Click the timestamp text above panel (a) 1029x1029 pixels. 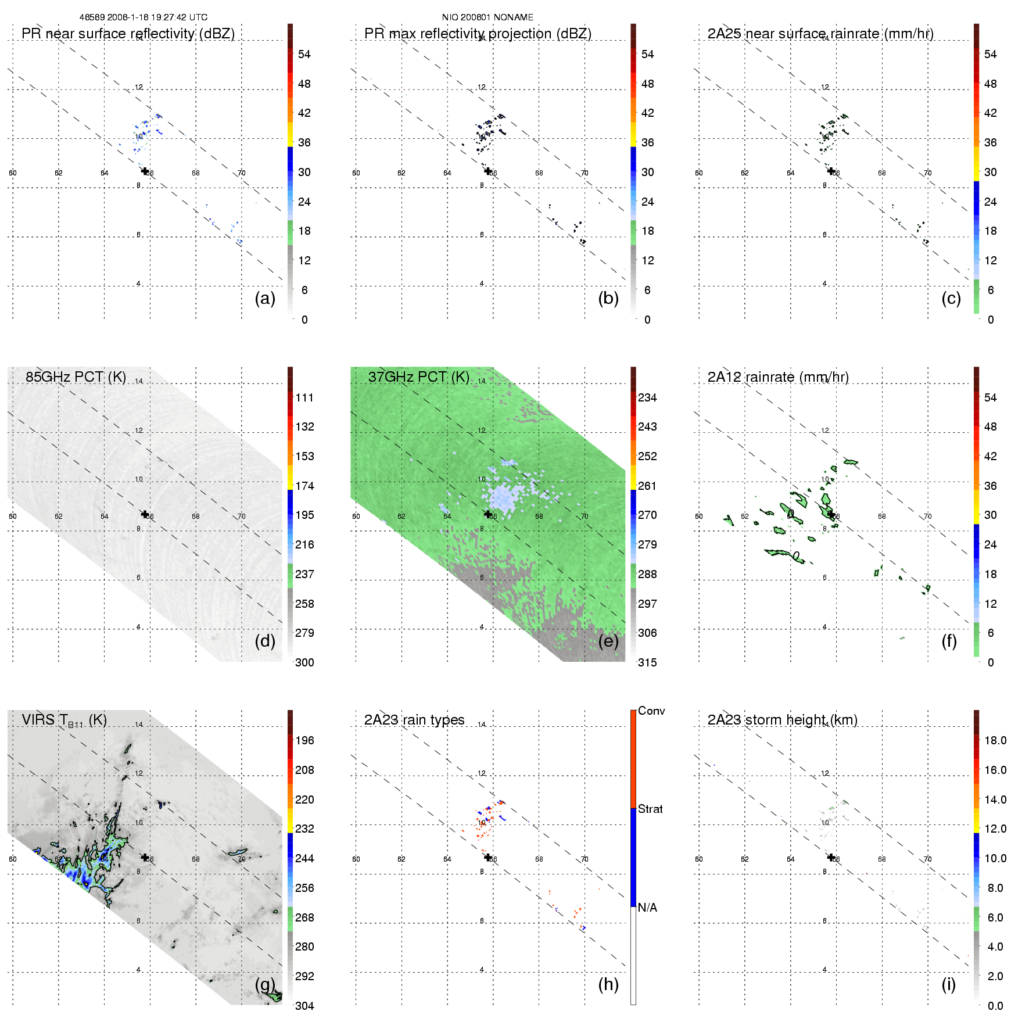(143, 17)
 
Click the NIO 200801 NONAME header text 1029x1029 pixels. (487, 17)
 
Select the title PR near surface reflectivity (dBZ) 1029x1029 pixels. (128, 34)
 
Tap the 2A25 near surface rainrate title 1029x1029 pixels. (820, 34)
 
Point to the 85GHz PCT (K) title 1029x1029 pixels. (76, 377)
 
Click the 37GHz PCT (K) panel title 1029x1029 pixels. (418, 377)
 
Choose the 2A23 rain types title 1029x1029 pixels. (414, 720)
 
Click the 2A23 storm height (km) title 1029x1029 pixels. (782, 720)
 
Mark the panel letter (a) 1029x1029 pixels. (265, 298)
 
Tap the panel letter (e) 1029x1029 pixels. (608, 641)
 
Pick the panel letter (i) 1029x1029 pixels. (948, 984)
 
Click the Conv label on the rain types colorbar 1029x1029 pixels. (651, 711)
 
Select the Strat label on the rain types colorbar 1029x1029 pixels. (650, 809)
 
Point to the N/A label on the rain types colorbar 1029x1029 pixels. (648, 908)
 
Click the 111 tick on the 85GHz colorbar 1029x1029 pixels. (304, 397)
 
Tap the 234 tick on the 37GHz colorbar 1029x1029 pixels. (647, 397)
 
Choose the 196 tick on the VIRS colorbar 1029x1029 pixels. (304, 740)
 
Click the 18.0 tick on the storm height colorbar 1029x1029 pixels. (995, 740)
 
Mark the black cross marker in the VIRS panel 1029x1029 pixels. (145, 857)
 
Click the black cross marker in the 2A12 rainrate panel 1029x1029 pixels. (831, 514)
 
